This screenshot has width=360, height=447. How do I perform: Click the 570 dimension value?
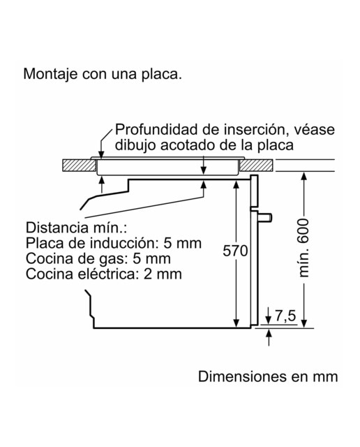[235, 251]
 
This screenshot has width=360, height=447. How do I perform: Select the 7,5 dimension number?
[285, 316]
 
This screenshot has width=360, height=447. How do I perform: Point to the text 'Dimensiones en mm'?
[268, 376]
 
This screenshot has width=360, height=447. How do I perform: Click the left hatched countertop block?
[79, 166]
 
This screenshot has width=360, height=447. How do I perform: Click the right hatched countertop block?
[256, 166]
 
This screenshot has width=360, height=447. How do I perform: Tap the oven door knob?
[265, 217]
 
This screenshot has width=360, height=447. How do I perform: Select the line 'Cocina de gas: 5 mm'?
[98, 259]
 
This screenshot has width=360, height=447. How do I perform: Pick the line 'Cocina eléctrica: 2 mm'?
[104, 274]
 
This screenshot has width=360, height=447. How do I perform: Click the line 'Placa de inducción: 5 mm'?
[114, 243]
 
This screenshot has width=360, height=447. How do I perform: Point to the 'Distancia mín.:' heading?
[76, 228]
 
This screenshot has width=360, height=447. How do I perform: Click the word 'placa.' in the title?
[161, 75]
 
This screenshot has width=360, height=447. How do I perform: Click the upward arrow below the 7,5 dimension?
[269, 337]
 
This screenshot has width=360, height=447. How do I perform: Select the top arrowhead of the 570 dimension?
[236, 184]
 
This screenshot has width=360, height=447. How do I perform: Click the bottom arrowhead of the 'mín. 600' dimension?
[304, 323]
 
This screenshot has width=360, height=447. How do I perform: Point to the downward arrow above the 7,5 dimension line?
[269, 316]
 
